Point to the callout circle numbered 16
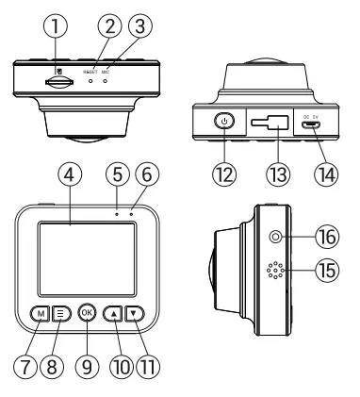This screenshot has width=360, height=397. [327, 238]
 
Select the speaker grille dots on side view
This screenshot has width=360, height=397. [275, 271]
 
